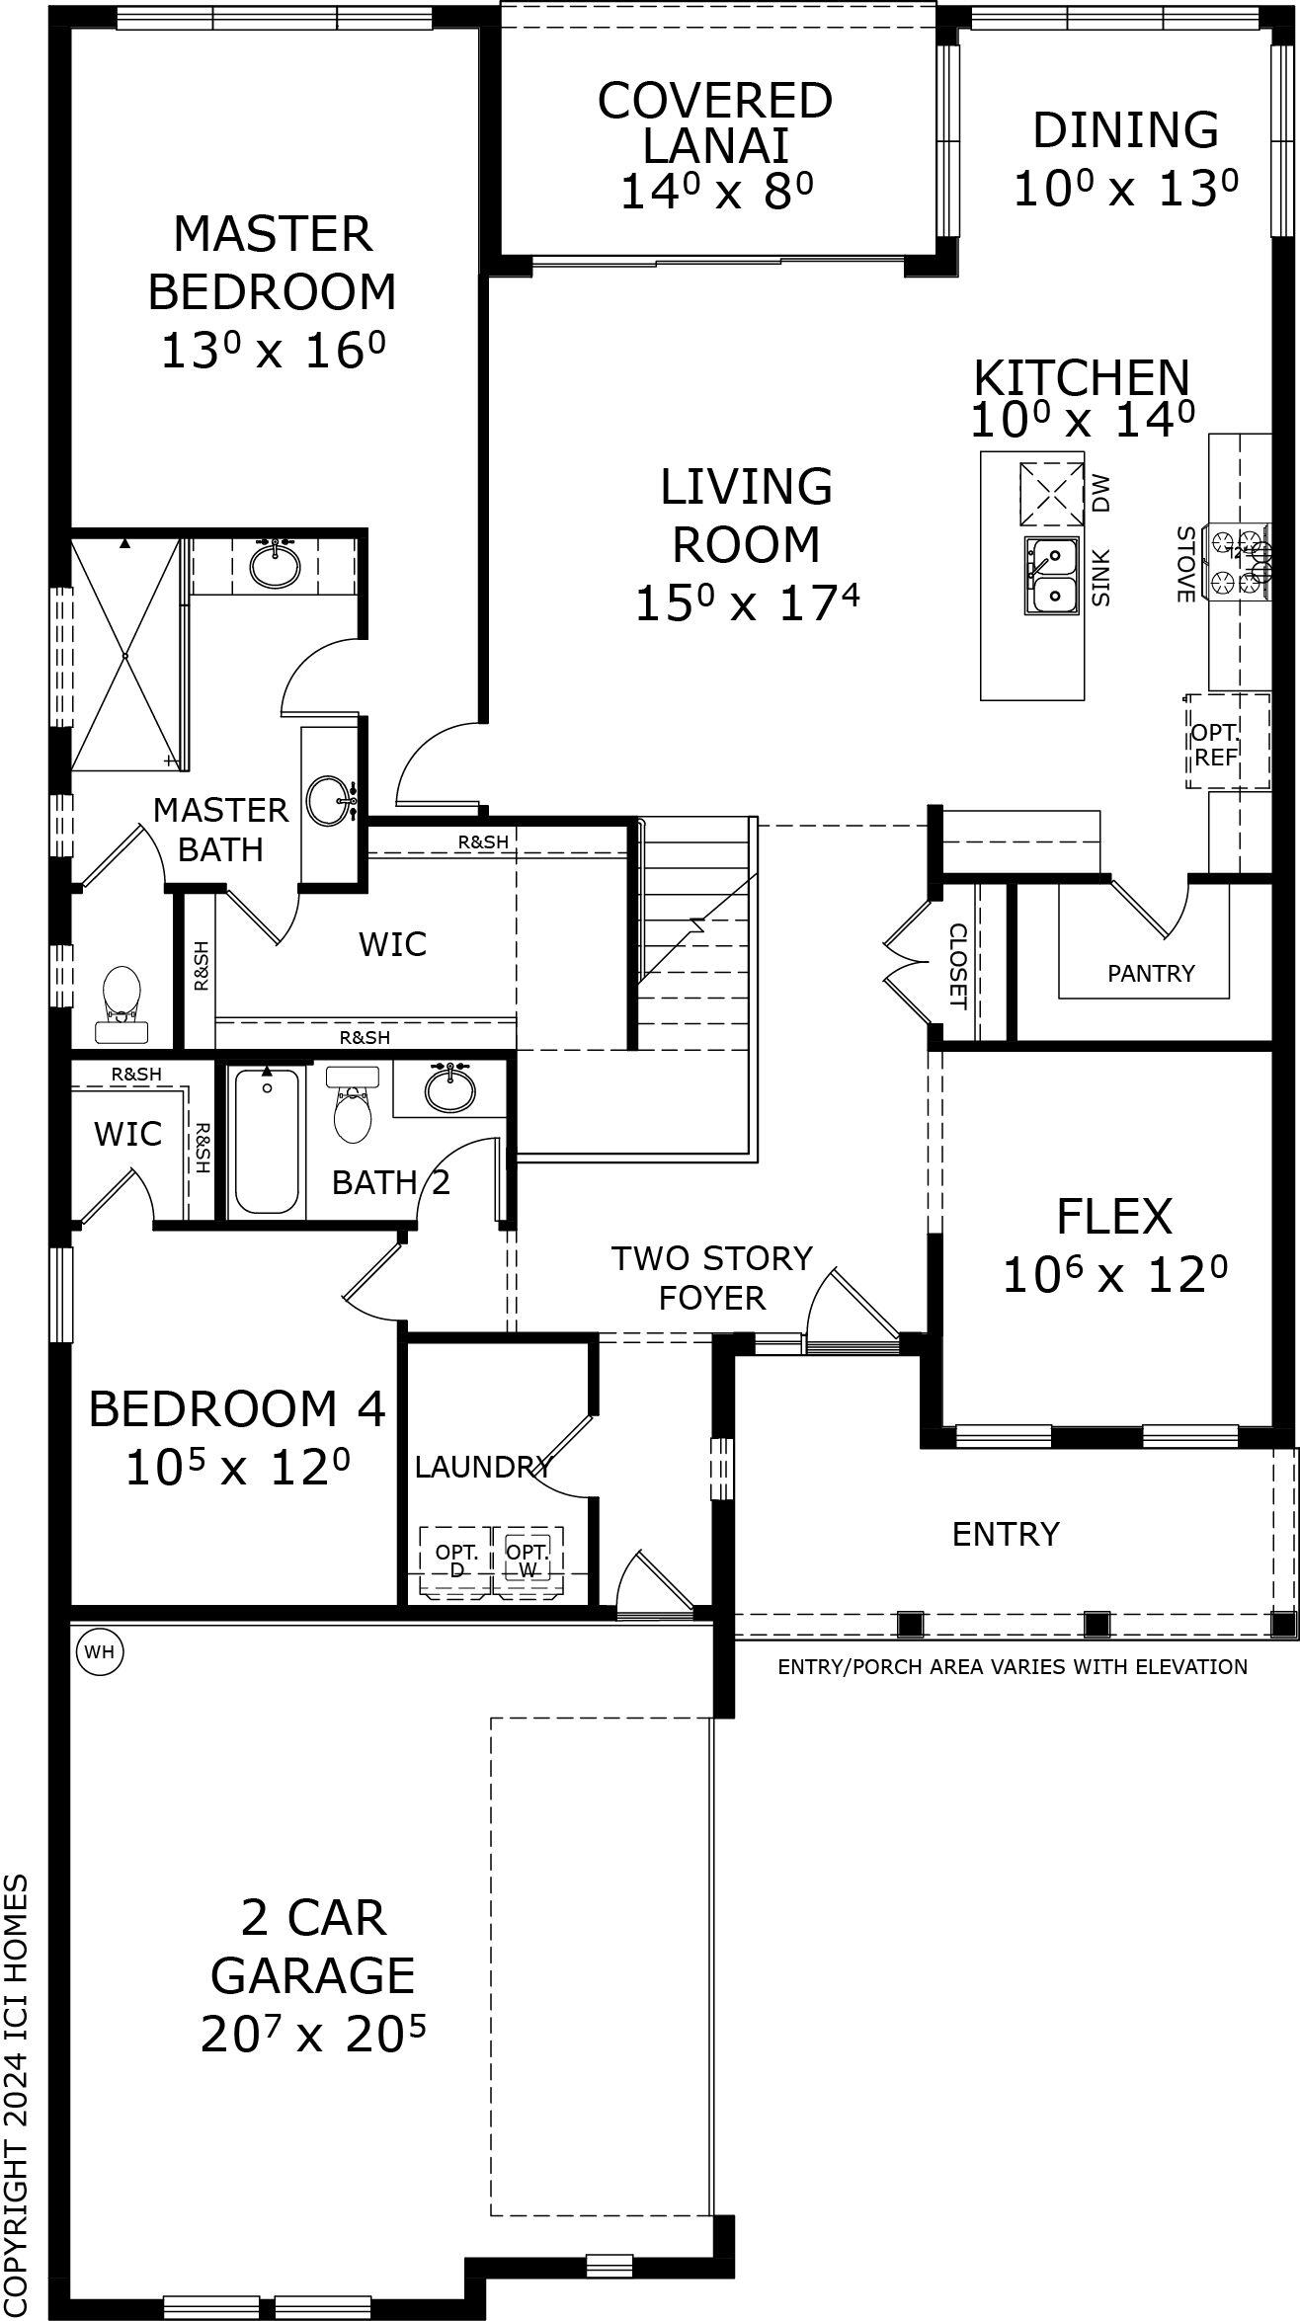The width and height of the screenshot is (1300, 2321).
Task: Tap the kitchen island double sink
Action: [1050, 576]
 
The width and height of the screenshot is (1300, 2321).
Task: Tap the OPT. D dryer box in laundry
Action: [455, 1561]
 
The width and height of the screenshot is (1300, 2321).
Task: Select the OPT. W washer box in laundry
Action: [528, 1561]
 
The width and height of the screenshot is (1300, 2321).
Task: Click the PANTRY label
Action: [1151, 974]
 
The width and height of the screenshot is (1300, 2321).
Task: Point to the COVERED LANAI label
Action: [714, 122]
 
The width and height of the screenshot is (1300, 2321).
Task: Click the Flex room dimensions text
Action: [1114, 1276]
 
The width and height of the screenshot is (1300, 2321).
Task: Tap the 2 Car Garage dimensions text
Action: [313, 2035]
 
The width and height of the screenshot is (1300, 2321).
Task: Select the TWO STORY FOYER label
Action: [711, 1277]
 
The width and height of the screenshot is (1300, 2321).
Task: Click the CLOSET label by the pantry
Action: [957, 966]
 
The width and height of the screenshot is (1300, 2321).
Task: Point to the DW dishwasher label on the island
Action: [1101, 493]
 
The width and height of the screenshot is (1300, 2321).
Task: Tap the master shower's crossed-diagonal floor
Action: [125, 655]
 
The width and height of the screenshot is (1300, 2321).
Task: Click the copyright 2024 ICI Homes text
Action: [17, 2094]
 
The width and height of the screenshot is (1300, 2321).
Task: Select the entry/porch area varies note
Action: [1012, 1667]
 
